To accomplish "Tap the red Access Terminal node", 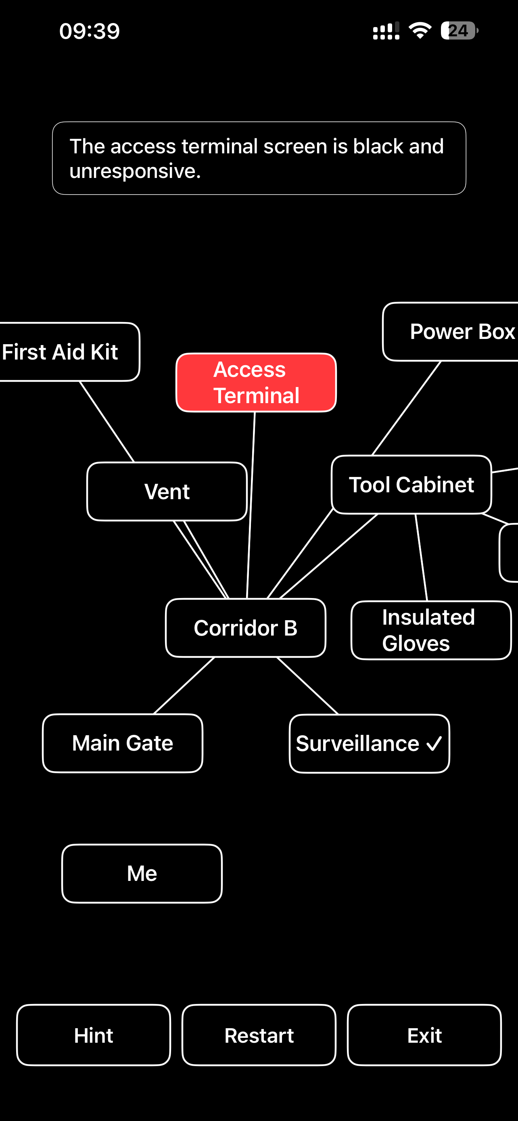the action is [x=256, y=382].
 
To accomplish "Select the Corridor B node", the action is [x=245, y=627].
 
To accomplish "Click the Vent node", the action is [x=167, y=491].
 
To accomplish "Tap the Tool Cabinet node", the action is [x=411, y=484].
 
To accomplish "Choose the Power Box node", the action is [x=451, y=332].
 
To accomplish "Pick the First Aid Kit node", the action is [x=69, y=351].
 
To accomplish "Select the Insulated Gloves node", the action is [x=431, y=630].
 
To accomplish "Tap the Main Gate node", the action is [x=123, y=743].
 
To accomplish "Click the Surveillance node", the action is [x=369, y=743].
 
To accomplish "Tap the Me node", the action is [x=142, y=873].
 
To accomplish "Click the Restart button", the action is [x=259, y=1035].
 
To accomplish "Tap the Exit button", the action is [x=424, y=1035].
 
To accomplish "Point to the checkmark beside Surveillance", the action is [x=434, y=744].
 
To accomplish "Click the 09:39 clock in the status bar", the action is [x=90, y=31].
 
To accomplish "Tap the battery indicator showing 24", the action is [x=459, y=30].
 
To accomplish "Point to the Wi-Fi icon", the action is [x=420, y=30].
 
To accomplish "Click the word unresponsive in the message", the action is [x=135, y=171].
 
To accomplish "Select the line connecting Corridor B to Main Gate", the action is [x=184, y=686].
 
